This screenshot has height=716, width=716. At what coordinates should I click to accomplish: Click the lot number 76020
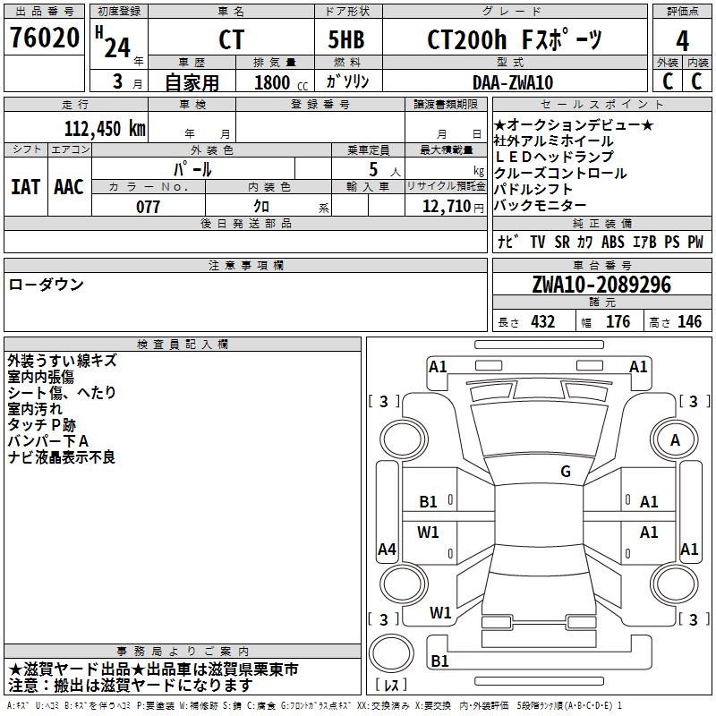[44, 39]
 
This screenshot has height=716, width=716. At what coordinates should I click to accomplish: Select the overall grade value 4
[683, 39]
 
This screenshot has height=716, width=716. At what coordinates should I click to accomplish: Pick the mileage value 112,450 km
[105, 128]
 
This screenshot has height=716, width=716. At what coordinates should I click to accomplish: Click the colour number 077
[148, 207]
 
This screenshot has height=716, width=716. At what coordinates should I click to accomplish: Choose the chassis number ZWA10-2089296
[601, 285]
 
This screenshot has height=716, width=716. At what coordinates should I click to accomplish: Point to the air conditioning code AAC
[69, 186]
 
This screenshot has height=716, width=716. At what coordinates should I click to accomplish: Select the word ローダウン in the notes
[47, 285]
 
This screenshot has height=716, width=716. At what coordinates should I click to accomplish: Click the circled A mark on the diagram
[676, 439]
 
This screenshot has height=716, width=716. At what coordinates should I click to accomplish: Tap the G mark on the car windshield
[566, 472]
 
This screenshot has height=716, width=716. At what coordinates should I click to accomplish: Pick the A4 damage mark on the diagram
[387, 550]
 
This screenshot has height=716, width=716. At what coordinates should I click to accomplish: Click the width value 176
[618, 322]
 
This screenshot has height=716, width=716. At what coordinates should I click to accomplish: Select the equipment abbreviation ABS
[613, 242]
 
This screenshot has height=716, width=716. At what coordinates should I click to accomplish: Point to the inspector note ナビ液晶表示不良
[61, 457]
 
